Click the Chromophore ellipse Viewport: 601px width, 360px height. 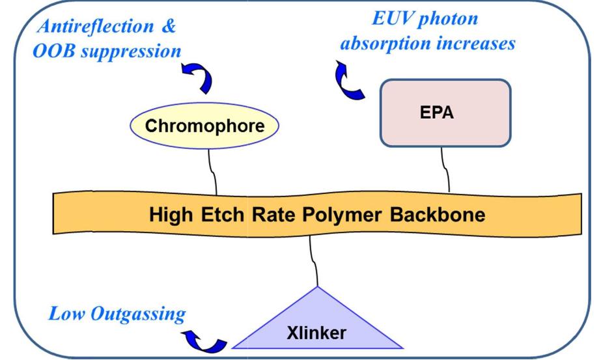click(x=204, y=125)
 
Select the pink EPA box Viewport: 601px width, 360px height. click(x=445, y=112)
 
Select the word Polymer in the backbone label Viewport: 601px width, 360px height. click(x=337, y=215)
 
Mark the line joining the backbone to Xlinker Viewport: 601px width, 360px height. click(x=314, y=260)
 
